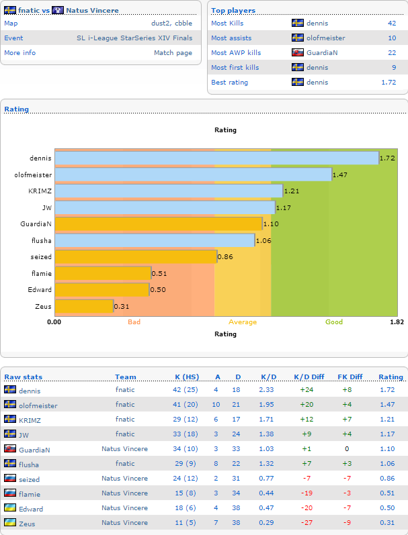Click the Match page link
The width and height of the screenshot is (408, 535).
[173, 53]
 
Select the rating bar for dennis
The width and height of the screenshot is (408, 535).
[217, 158]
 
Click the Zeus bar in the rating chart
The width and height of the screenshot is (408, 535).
[84, 306]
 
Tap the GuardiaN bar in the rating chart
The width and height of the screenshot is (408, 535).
[159, 224]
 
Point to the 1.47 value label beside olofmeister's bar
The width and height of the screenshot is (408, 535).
[340, 175]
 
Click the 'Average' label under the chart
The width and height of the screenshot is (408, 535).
[243, 322]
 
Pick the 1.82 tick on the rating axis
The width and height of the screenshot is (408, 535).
[397, 322]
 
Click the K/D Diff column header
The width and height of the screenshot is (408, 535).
[309, 377]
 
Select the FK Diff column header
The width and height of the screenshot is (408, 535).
[350, 377]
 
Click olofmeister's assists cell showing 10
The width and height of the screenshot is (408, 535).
[216, 404]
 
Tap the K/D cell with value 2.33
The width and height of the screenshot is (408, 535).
[266, 389]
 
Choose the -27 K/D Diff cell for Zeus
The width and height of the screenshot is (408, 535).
[307, 523]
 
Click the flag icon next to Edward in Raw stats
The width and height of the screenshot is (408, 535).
[10, 507]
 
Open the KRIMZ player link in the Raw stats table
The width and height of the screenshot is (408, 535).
[30, 420]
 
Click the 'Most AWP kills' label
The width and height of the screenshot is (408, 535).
[236, 53]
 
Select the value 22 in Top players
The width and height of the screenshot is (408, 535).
[392, 53]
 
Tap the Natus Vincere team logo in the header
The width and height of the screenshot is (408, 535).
[58, 10]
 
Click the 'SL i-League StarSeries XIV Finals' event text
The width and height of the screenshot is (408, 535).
[134, 38]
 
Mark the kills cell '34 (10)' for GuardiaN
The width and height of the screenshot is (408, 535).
[186, 448]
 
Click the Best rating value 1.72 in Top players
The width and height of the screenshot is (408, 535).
[389, 82]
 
